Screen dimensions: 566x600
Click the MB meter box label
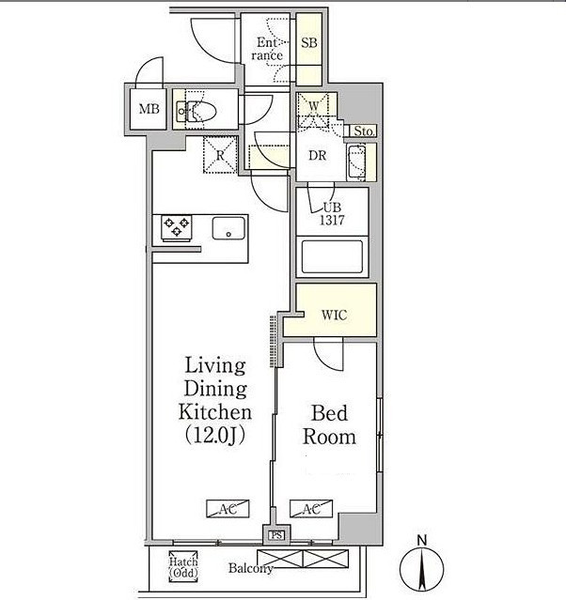(x=149, y=109)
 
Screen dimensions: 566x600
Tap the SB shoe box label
(x=309, y=42)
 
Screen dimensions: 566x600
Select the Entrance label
(x=267, y=49)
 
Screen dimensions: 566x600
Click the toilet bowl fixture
(x=202, y=112)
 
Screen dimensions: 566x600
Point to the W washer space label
(x=313, y=106)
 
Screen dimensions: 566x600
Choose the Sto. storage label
(x=363, y=131)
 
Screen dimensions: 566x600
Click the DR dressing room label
(x=317, y=155)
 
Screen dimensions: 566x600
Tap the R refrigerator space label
(x=220, y=155)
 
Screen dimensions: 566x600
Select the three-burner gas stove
(x=176, y=228)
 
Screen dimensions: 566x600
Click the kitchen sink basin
(x=228, y=228)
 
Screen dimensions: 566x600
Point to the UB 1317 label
(x=332, y=213)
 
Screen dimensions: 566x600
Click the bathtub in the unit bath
(x=332, y=256)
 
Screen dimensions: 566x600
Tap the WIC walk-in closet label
(x=334, y=315)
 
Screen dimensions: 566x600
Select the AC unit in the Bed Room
(x=311, y=509)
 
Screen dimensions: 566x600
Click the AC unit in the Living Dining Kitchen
(x=228, y=509)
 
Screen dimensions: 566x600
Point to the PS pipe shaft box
(x=276, y=535)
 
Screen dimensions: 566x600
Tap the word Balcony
(x=251, y=568)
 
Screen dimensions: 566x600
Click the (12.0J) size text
(x=215, y=436)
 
